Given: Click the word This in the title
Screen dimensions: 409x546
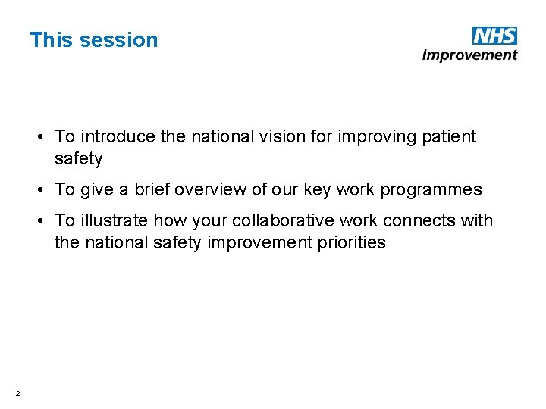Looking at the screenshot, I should (50, 40).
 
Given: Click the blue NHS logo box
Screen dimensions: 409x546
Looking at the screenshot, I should (494, 35).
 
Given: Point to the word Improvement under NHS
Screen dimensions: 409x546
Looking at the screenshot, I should (469, 55).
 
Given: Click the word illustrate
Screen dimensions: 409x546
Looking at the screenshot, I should (114, 221).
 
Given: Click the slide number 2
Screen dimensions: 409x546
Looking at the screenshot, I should (17, 392).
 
